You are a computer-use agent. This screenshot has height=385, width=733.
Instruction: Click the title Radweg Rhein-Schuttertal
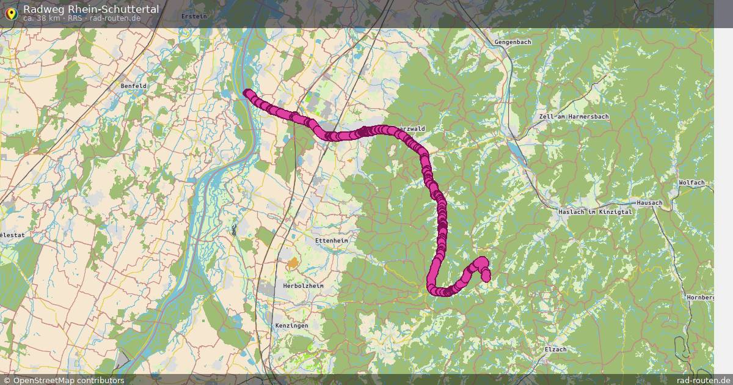click(x=91, y=9)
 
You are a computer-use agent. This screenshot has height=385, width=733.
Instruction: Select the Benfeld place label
click(x=133, y=86)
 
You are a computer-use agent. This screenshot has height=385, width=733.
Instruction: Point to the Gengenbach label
click(x=513, y=42)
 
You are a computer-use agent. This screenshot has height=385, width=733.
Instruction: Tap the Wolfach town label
click(x=691, y=183)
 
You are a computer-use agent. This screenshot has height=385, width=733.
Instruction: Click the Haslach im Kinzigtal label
click(x=586, y=211)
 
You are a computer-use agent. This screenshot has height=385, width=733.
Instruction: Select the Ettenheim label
click(x=331, y=241)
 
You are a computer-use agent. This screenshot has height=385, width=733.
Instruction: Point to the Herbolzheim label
click(x=303, y=286)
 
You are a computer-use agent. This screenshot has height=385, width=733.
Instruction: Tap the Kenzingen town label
click(x=291, y=326)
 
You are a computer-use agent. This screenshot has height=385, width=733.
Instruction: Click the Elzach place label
click(x=555, y=350)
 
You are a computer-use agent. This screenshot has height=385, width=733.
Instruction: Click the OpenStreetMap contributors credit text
click(x=68, y=380)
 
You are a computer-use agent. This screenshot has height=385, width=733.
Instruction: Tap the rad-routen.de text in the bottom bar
click(x=704, y=380)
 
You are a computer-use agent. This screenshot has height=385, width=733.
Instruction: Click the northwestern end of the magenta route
click(x=247, y=93)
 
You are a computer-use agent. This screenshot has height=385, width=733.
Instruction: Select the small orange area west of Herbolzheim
click(x=293, y=263)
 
